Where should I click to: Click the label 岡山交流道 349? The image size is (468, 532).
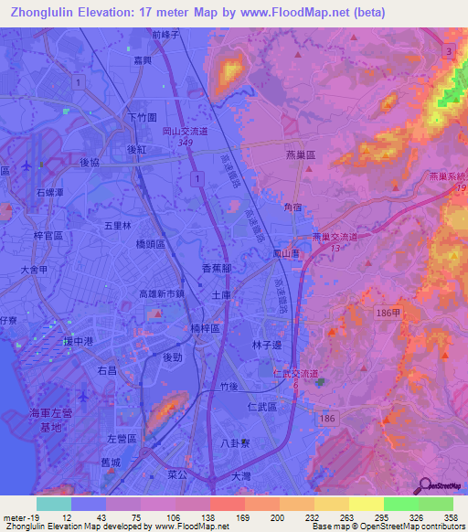(x=185, y=136)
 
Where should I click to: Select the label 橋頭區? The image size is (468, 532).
(x=149, y=244)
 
